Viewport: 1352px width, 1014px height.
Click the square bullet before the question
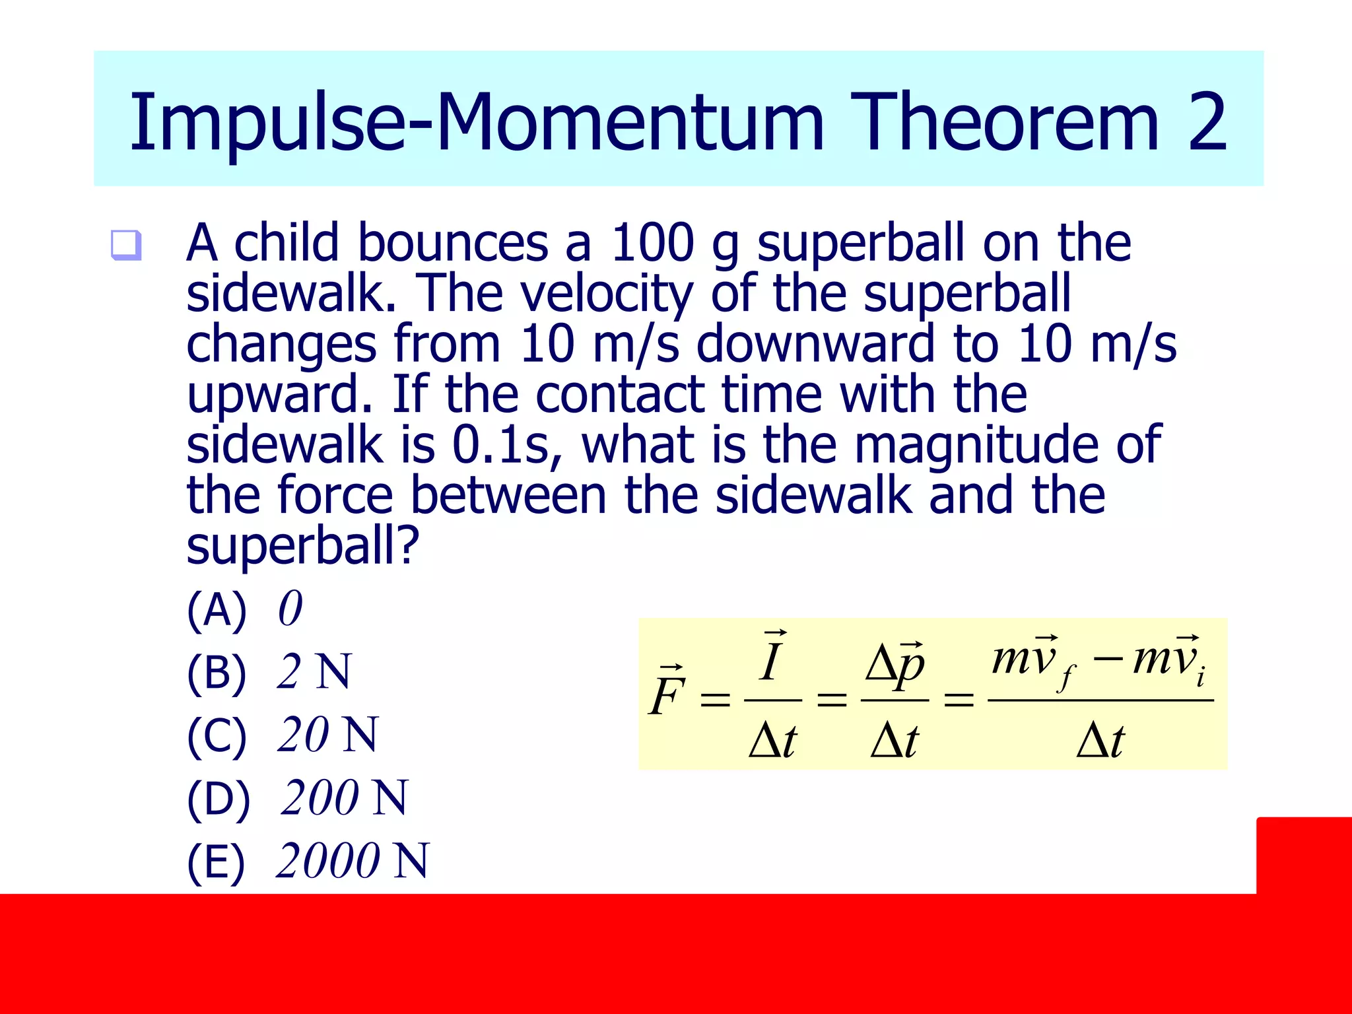(x=125, y=245)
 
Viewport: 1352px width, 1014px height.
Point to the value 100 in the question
(x=652, y=242)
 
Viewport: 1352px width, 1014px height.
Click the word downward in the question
(x=815, y=344)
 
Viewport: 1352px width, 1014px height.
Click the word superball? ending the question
(x=302, y=546)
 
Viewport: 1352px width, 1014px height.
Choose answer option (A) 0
(x=244, y=609)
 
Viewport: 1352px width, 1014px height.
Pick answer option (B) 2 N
(x=269, y=672)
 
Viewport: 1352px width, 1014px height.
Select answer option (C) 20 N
(x=282, y=735)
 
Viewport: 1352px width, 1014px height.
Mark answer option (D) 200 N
(x=297, y=798)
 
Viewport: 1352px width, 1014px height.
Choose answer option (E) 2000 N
(x=308, y=861)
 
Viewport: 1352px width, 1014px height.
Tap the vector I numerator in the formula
(x=771, y=660)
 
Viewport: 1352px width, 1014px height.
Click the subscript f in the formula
(x=1064, y=677)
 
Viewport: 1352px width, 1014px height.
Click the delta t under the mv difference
(x=1100, y=741)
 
